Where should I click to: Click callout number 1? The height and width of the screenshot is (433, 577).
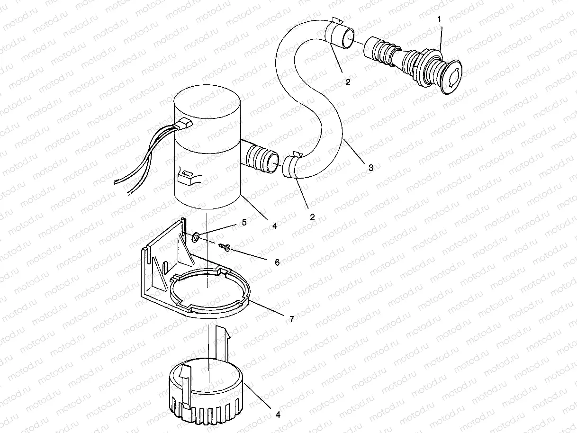pyautogui.click(x=440, y=19)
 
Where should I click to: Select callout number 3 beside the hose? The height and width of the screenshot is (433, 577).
pyautogui.click(x=371, y=168)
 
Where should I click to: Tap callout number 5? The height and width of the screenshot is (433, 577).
pyautogui.click(x=245, y=222)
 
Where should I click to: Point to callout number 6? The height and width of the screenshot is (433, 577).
pyautogui.click(x=277, y=262)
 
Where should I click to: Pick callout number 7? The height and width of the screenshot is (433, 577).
pyautogui.click(x=291, y=319)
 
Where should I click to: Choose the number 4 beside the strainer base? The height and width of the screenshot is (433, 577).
pyautogui.click(x=278, y=415)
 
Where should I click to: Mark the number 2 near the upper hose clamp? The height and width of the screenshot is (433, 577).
pyautogui.click(x=348, y=82)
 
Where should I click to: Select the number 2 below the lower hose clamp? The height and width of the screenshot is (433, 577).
pyautogui.click(x=312, y=217)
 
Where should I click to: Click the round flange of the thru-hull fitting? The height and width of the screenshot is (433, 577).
pyautogui.click(x=450, y=77)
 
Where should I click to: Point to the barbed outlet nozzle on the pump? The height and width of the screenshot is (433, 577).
pyautogui.click(x=260, y=158)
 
